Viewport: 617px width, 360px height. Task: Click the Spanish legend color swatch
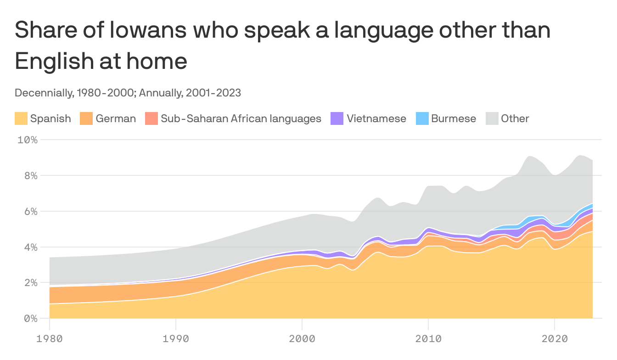22,118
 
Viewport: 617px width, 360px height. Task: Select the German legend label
116,118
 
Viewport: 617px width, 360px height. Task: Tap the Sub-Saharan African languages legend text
241,118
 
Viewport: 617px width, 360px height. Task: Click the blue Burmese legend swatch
422,118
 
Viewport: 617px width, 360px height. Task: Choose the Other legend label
515,118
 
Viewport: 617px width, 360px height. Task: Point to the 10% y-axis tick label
28,140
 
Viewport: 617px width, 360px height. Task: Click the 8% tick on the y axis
30,175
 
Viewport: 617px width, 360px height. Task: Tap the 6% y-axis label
30,211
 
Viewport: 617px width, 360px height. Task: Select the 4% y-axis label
30,247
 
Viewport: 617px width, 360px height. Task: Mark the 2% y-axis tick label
30,283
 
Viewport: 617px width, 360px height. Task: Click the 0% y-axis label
30,318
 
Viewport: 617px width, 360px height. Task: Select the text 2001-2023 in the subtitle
213,93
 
